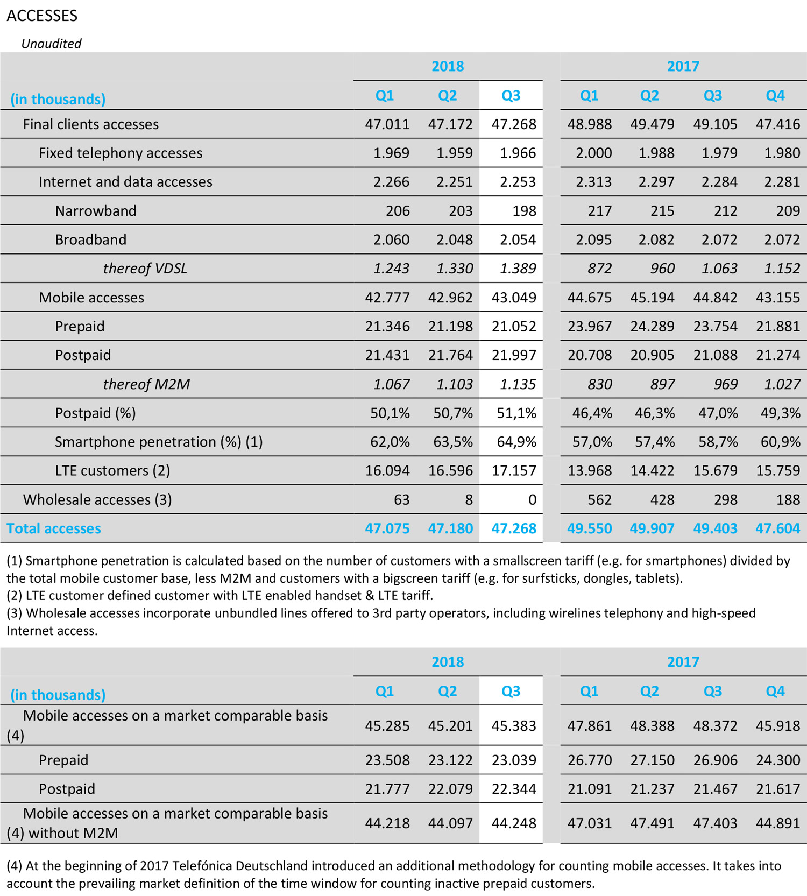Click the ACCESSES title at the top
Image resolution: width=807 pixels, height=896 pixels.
[x=42, y=16]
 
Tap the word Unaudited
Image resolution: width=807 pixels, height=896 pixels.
[x=51, y=44]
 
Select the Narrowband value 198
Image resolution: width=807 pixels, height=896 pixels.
[x=524, y=211]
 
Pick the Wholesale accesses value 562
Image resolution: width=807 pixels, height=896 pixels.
[x=599, y=500]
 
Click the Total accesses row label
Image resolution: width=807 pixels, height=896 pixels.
[x=54, y=528]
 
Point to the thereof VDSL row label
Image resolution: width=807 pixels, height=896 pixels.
[x=145, y=269]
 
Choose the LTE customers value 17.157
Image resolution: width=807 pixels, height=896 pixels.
[x=514, y=471]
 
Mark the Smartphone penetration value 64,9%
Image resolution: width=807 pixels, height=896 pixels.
[x=516, y=442]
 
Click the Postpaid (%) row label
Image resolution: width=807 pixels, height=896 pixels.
[x=95, y=413]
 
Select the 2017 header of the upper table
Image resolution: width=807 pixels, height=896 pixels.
[x=683, y=66]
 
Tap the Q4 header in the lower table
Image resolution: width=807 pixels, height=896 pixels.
[x=775, y=691]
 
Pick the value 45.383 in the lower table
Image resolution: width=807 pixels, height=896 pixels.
[x=514, y=725]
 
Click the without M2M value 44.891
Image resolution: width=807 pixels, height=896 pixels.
[x=778, y=823]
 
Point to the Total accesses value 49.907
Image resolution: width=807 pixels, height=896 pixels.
[x=652, y=528]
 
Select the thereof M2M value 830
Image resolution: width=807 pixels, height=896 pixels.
[x=599, y=384]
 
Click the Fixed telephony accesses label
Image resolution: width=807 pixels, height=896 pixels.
[x=121, y=153]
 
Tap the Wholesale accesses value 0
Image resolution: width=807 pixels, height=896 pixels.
[x=532, y=500]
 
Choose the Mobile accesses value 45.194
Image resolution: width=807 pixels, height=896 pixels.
[x=652, y=298]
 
